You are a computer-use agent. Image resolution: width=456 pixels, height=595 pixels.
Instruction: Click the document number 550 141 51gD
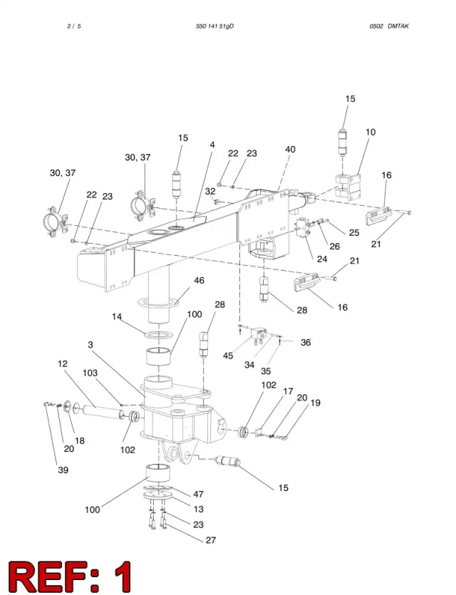coord(214,26)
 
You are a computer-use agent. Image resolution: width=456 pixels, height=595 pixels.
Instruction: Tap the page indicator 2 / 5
coord(74,26)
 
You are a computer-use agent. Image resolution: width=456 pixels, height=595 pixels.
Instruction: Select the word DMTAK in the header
coord(398,26)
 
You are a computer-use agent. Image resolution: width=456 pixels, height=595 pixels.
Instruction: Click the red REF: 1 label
coord(71,576)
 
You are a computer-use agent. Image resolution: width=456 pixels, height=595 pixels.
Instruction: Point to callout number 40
coord(290,150)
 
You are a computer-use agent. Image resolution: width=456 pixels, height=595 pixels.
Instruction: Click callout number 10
coord(370,132)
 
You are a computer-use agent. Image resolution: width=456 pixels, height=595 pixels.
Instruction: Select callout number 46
coord(199,281)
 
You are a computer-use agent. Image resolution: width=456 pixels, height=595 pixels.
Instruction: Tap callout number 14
coord(117,316)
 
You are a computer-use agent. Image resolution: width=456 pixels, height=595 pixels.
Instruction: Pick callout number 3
coord(90,345)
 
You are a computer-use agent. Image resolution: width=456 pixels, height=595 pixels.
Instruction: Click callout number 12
coord(63,363)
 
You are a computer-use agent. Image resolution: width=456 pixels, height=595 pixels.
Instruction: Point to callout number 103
coord(90,373)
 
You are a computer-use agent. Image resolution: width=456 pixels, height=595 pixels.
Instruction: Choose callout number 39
coord(63,470)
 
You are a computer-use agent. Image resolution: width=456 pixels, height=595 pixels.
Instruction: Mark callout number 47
coord(198,494)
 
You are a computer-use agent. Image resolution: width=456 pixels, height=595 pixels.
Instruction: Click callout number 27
coord(211,540)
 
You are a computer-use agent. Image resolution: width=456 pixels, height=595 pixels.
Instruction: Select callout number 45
coord(228,356)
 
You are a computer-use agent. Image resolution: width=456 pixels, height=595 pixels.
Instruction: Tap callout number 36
coord(306,342)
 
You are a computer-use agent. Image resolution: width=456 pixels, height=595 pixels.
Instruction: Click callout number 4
coord(212,145)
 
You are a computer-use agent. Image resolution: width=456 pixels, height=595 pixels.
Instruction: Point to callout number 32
coord(210,192)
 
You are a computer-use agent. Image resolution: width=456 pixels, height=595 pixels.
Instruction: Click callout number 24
coord(322,259)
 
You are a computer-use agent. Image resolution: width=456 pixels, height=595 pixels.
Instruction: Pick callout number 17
coord(289,391)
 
